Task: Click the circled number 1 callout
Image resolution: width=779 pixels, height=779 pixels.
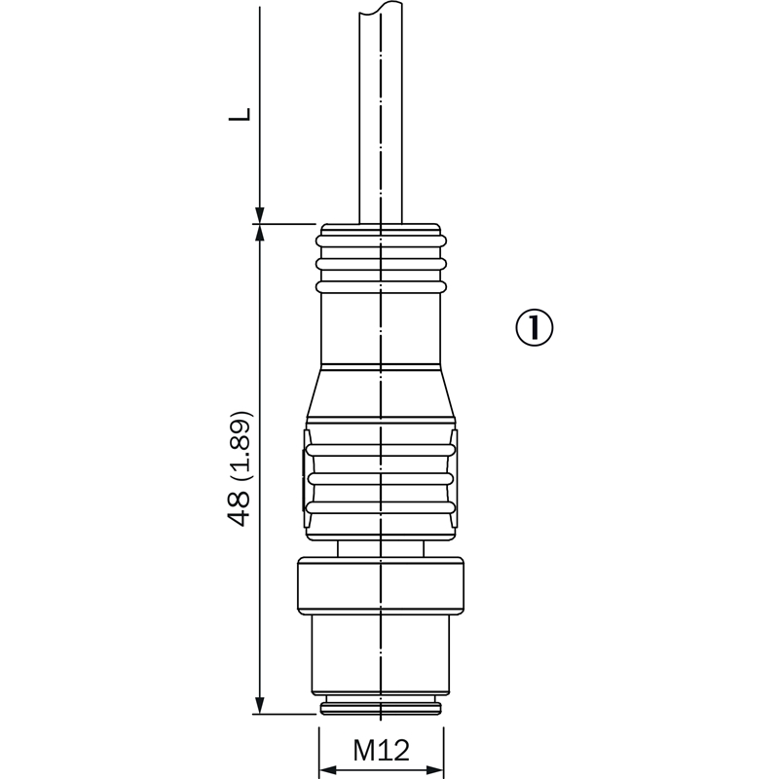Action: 534,328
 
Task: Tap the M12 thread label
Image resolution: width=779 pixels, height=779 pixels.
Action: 381,750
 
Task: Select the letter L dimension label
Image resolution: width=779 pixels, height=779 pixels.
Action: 240,114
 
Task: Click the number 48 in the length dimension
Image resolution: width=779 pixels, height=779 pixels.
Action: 238,508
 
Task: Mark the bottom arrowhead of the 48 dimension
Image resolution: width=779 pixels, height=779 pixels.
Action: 259,705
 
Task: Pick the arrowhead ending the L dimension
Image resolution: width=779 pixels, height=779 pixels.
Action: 259,215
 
